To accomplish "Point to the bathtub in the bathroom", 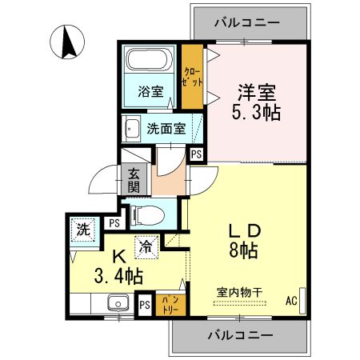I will coord(149,61).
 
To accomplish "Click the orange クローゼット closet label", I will coord(192,78).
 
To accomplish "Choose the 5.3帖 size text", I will coord(258,113).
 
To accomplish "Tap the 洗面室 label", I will coord(166,129).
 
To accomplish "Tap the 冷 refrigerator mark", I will coord(146,248).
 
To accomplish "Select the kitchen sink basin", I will coord(118,305).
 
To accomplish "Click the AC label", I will coord(292,302).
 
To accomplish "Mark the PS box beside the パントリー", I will coord(145,305).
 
